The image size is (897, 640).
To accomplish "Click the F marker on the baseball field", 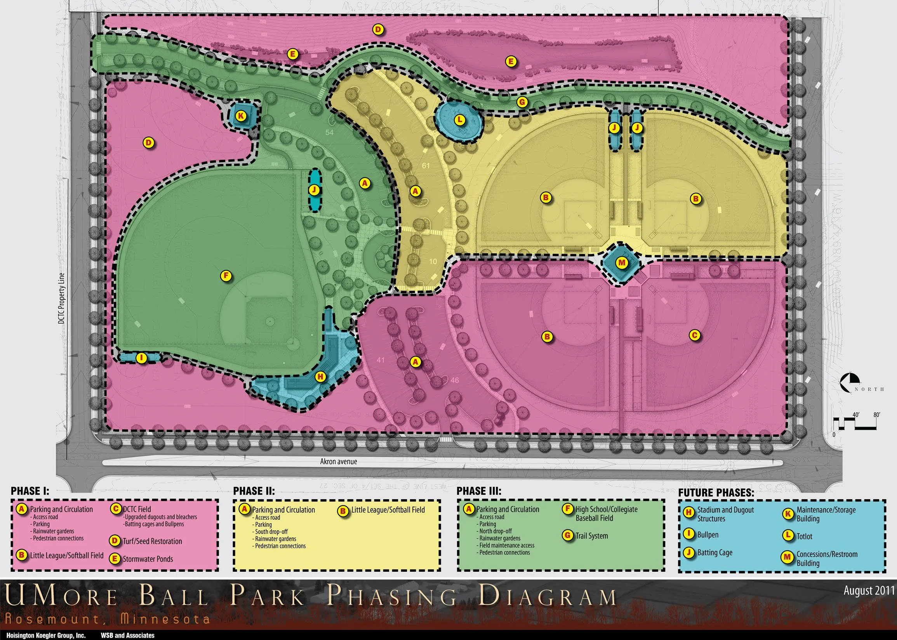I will point(226,276).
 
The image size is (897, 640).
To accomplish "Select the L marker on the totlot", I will point(459,120).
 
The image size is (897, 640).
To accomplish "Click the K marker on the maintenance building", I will point(241,116).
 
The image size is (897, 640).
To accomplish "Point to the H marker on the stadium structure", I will point(320,377).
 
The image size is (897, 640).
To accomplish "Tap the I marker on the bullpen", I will point(141,358).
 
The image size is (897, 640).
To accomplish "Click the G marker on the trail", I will point(522,102).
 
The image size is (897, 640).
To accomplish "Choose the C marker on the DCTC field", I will point(695,336).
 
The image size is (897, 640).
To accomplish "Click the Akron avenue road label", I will point(339,462).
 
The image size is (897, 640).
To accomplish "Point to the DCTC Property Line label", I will point(61,298).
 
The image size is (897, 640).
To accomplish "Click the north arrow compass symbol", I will point(850,383).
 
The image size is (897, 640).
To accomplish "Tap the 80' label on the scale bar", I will point(876,415).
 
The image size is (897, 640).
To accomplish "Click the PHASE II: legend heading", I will point(254,491).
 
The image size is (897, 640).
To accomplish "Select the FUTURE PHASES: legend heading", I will point(716,493).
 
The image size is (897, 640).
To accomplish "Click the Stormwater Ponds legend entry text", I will point(148,559).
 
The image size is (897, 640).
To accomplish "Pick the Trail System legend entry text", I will point(592,536).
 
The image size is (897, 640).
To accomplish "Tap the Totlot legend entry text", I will point(804,536).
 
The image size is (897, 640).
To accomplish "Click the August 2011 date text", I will point(869,591).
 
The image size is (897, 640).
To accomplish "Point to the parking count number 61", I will point(426,166).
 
